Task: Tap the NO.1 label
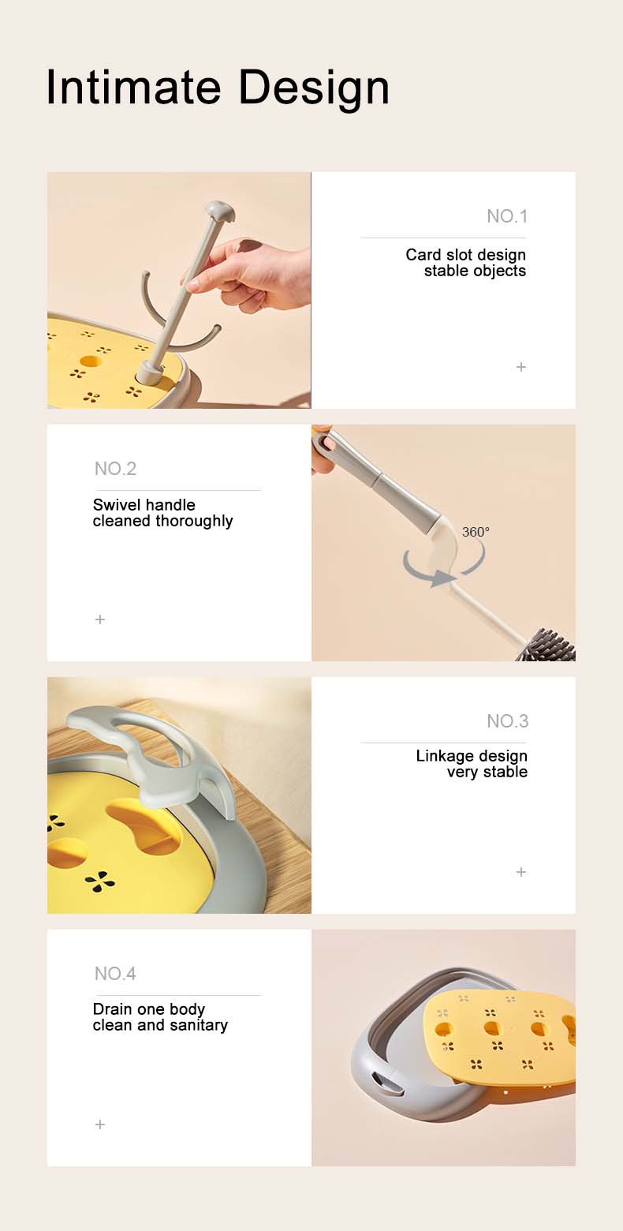pos(506,216)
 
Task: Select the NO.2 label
pos(115,468)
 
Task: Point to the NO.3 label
pos(507,721)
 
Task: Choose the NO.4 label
pos(115,973)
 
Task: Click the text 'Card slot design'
pos(466,255)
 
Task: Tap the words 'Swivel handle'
pos(144,504)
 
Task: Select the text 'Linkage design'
pos(472,756)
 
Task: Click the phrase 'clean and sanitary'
pos(160,1025)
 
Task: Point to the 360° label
pos(476,532)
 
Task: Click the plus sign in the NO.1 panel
pos(520,367)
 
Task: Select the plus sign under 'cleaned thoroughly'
pos(100,619)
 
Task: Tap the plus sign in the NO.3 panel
pos(520,872)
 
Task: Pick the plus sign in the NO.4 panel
pos(100,1124)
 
